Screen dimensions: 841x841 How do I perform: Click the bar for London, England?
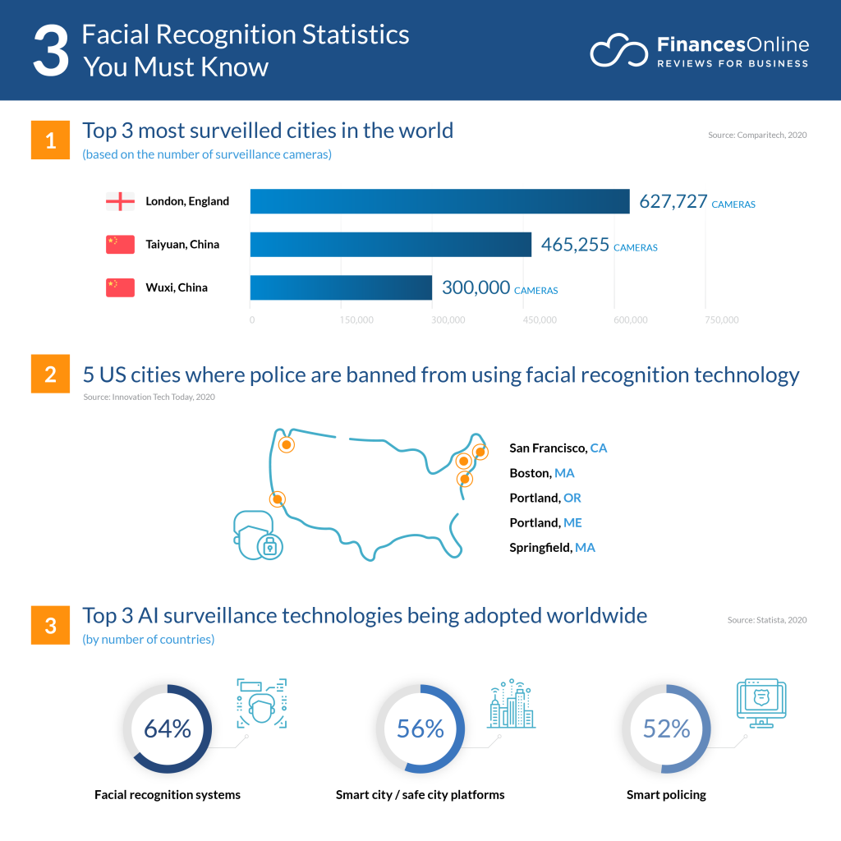pyautogui.click(x=439, y=201)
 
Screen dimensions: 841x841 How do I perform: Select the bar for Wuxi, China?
pyautogui.click(x=341, y=287)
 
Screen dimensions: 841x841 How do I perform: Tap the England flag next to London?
pyautogui.click(x=120, y=201)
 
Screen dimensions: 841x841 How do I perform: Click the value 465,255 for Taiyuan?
pyautogui.click(x=575, y=245)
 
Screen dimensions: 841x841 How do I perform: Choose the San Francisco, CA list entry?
pyautogui.click(x=558, y=448)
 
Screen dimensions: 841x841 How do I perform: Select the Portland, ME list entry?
pyautogui.click(x=545, y=522)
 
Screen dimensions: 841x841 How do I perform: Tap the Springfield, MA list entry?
pyautogui.click(x=552, y=547)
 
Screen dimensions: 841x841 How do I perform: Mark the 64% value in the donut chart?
pyautogui.click(x=167, y=728)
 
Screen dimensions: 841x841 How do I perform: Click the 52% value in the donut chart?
pyautogui.click(x=666, y=728)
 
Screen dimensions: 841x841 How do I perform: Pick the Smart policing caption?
pyautogui.click(x=666, y=794)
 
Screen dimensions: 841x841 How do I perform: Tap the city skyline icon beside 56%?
pyautogui.click(x=510, y=705)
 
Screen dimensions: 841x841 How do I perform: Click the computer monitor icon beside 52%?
pyautogui.click(x=761, y=703)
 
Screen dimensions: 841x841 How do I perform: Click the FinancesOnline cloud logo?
pyautogui.click(x=618, y=51)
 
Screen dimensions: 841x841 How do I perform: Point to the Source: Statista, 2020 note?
pyautogui.click(x=767, y=620)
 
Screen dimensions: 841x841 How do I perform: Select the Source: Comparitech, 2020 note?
pyautogui.click(x=757, y=134)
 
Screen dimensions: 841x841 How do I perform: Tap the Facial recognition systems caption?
pyautogui.click(x=168, y=794)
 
